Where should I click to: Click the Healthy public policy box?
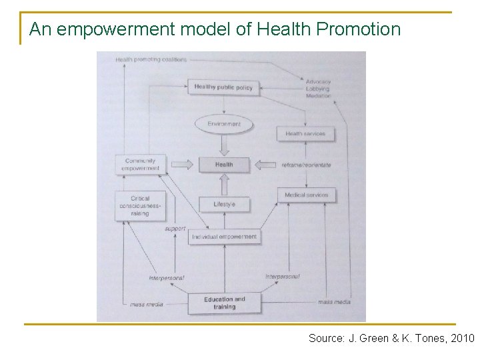coord(223,87)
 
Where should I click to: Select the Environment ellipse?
coord(224,123)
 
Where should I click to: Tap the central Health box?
coord(224,165)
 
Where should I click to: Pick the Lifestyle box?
coord(224,204)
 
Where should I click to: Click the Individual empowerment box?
coord(224,237)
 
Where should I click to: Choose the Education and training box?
coord(225,303)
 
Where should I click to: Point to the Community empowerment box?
coord(140,165)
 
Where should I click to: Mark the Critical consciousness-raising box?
coord(140,206)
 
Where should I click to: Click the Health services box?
coord(305,133)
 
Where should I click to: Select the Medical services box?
coord(307,195)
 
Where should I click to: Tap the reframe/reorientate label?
coord(306,165)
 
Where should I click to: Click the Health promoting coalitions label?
coord(151,59)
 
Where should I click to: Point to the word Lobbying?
coord(318,89)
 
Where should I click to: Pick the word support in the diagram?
coord(175,229)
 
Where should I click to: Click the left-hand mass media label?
coord(147,304)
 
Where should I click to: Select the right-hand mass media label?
coord(333,302)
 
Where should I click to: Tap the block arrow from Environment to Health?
coord(224,143)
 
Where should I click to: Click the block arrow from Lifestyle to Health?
coord(224,184)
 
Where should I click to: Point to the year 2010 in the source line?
coord(462,339)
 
